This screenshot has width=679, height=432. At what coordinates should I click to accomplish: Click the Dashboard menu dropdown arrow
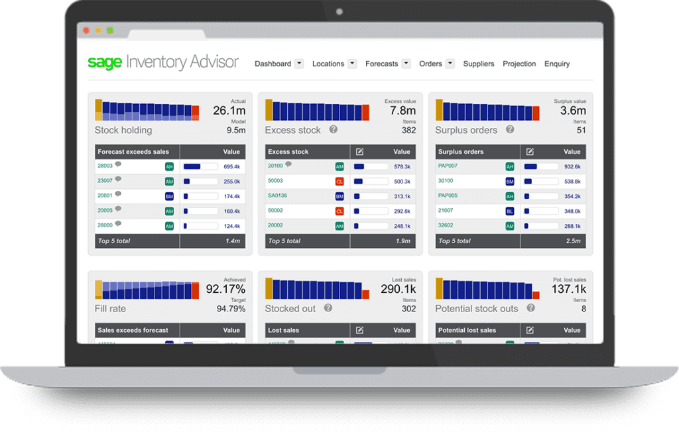click(299, 64)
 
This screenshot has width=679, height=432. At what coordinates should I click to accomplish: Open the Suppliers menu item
click(479, 64)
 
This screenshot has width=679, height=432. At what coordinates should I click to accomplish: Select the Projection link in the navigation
click(519, 64)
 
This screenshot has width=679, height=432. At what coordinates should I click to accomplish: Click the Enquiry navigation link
click(557, 64)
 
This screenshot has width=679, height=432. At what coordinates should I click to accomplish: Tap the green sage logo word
click(105, 63)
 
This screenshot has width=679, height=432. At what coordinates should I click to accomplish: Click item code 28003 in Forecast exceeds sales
click(105, 166)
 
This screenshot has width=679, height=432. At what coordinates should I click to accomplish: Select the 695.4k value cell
click(231, 167)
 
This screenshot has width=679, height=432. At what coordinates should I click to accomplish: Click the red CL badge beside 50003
click(339, 181)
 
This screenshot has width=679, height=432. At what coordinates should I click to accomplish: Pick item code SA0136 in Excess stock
click(278, 195)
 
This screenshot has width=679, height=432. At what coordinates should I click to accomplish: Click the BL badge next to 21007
click(510, 211)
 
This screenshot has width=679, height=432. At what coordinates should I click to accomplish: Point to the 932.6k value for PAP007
click(572, 167)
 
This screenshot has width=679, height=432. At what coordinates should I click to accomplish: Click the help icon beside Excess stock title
click(334, 130)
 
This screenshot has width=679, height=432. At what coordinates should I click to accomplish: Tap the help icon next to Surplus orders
click(511, 130)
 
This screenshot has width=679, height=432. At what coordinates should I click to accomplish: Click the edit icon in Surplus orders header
click(530, 152)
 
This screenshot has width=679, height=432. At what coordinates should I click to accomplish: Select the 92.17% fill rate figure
click(225, 289)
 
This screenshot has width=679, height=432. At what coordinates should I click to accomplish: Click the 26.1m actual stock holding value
click(229, 111)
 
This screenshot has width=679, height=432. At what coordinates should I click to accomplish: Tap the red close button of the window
click(86, 30)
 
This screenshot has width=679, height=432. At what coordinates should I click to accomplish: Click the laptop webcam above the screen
click(339, 12)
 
